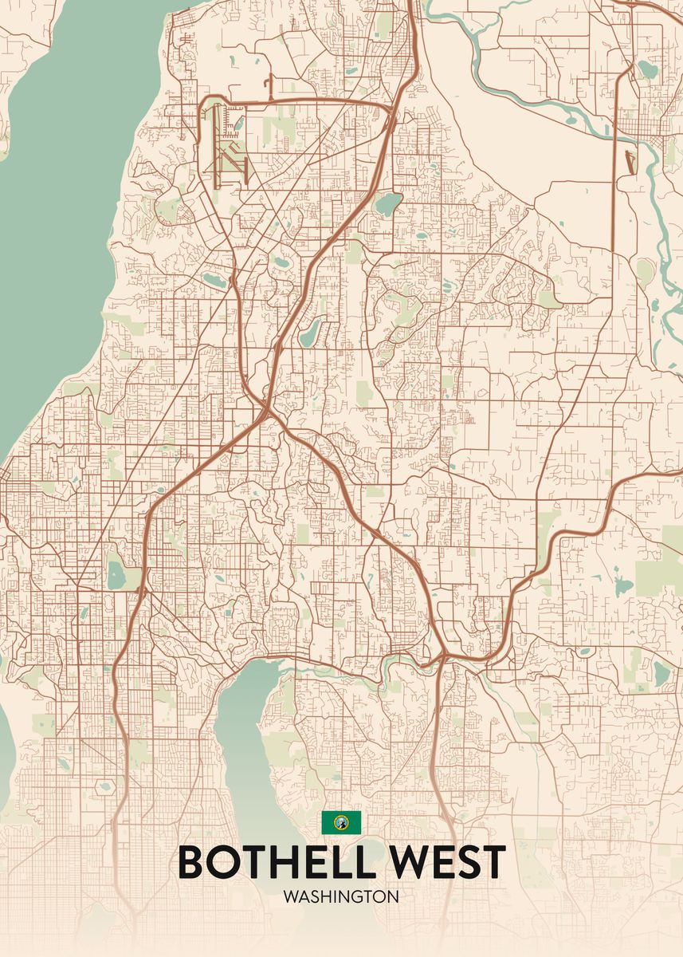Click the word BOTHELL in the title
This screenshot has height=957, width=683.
coord(275,862)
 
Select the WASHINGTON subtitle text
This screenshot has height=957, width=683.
coord(341,896)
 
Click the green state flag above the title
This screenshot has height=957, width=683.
coord(341,821)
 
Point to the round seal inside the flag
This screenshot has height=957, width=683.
coord(341,821)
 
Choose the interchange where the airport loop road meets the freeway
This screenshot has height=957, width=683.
coord(394,106)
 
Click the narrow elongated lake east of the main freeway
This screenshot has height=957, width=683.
coord(309,332)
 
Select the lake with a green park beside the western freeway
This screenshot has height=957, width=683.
coord(116,573)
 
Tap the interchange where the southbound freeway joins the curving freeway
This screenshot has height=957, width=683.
coord(441,660)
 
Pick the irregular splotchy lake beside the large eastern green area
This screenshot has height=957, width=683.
coord(622,586)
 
